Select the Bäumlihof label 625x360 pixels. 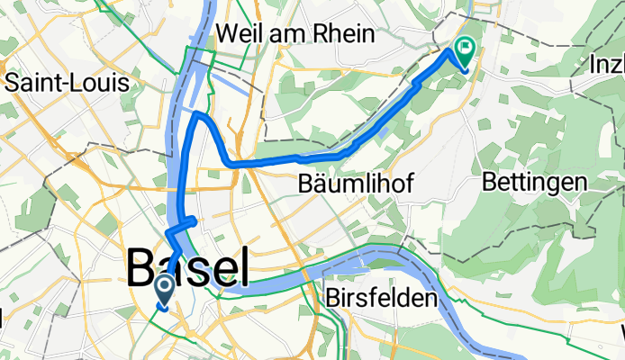click(356, 184)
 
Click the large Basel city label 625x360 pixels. click(186, 267)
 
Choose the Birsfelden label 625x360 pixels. click(383, 298)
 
